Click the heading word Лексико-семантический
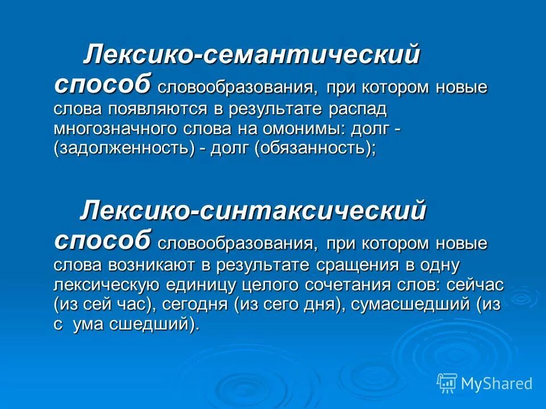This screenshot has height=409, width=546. coord(251,56)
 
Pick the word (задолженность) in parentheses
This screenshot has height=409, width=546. coord(127,149)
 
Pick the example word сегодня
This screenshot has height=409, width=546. coord(196,305)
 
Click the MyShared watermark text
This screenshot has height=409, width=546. coord(497,383)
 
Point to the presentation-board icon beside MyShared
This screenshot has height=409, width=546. coord(447,383)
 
